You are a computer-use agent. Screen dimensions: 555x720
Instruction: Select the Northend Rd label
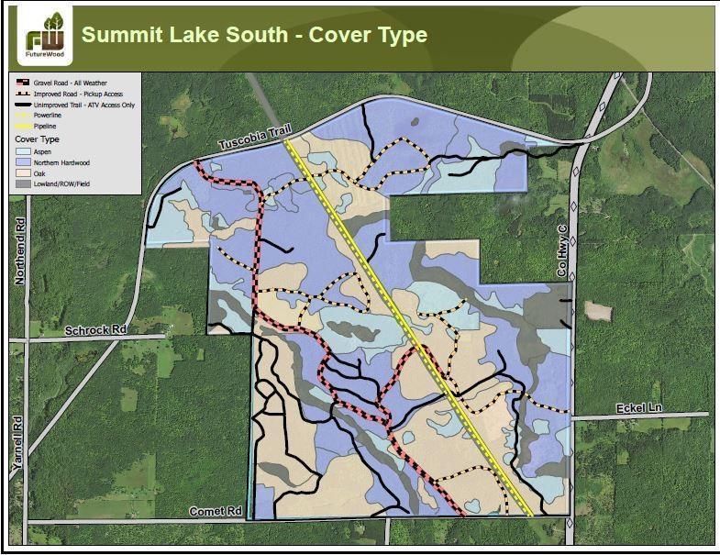pos(19,252)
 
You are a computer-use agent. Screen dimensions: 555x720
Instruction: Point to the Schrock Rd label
pos(95,328)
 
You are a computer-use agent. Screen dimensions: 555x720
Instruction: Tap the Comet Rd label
pos(215,510)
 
